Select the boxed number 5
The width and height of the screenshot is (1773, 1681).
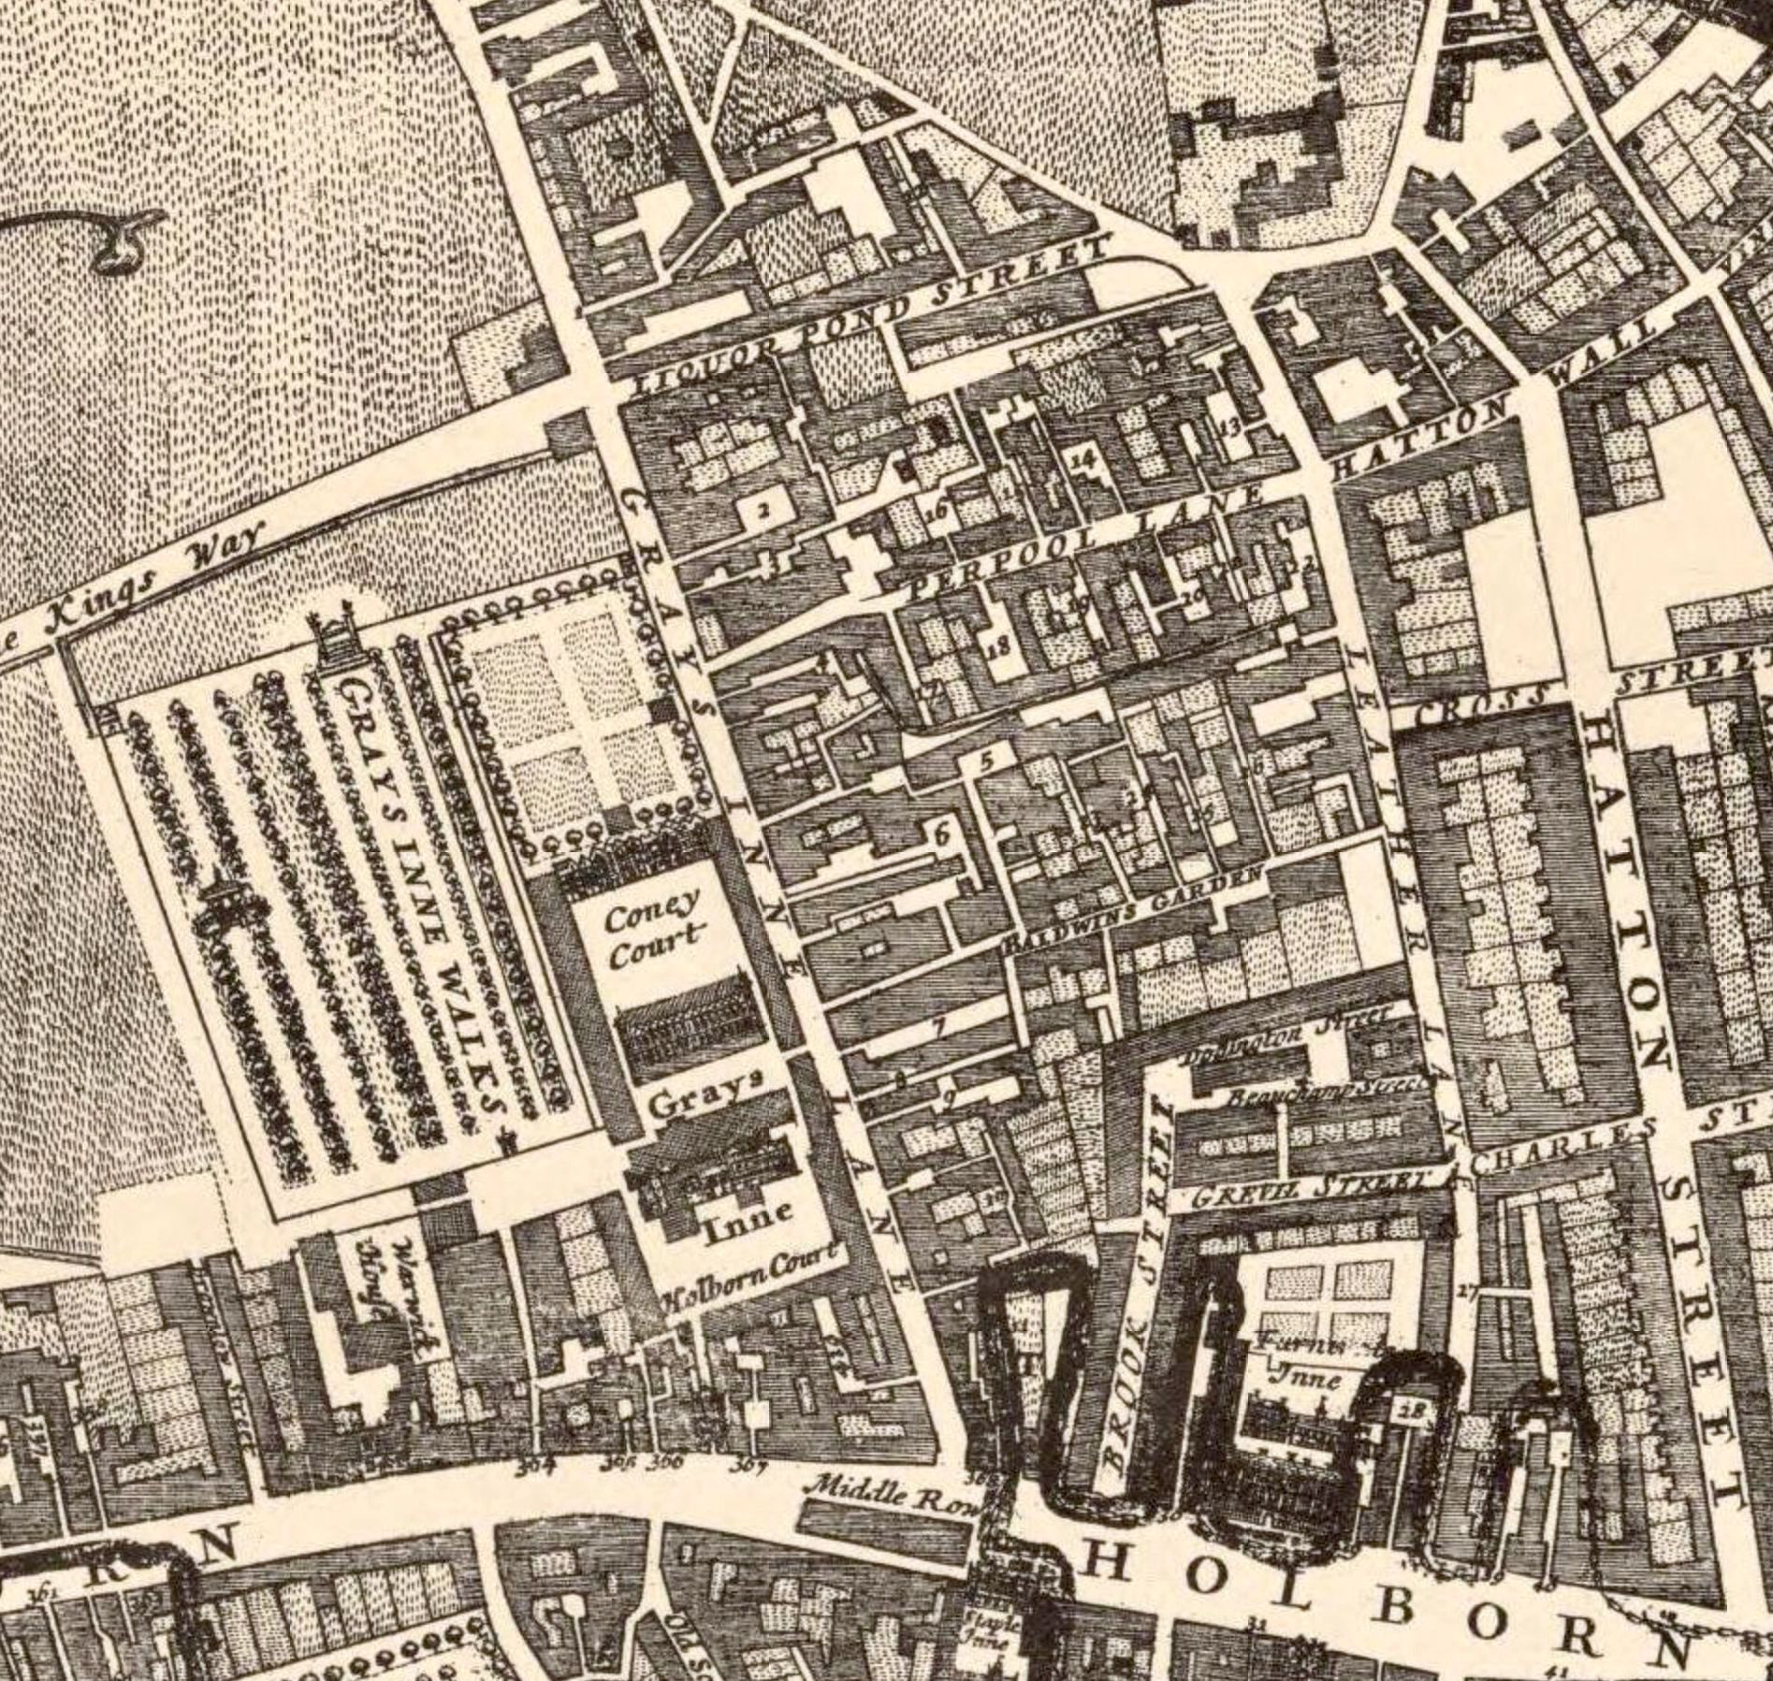click(983, 761)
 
